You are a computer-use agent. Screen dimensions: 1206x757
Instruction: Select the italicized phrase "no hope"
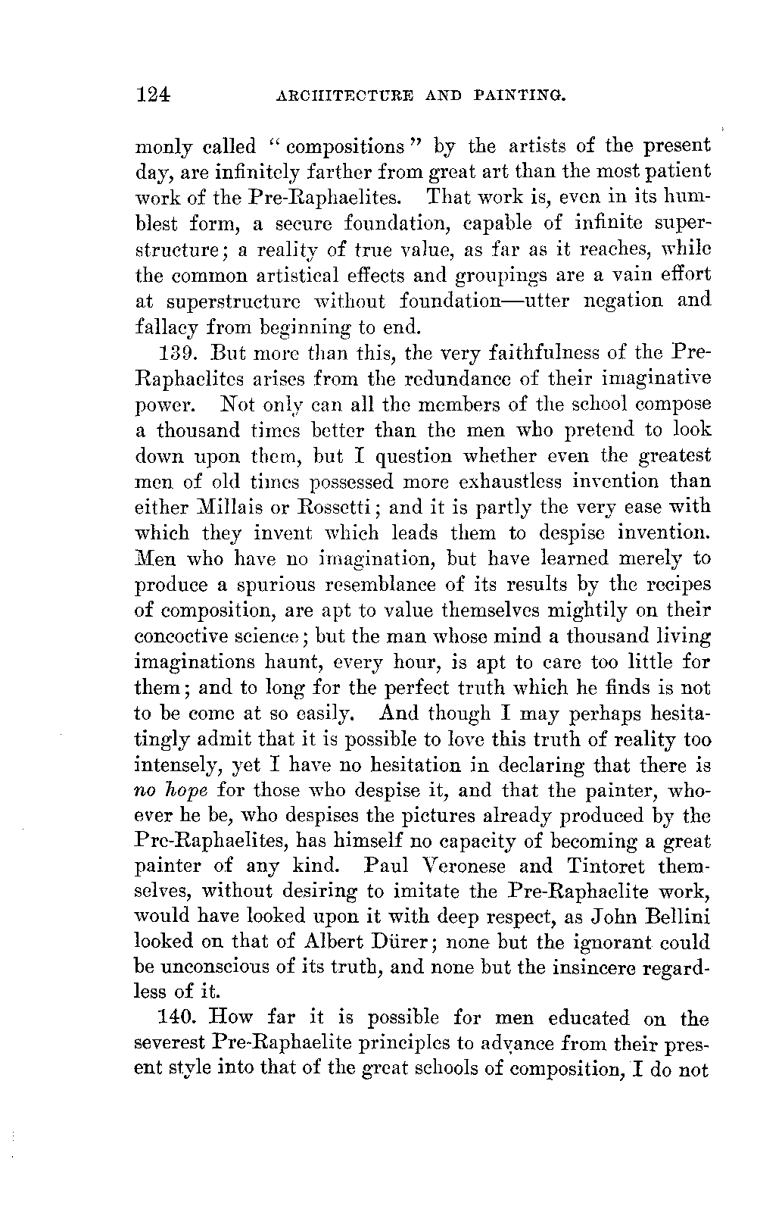(170, 792)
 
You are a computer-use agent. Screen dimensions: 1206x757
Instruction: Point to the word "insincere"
(600, 969)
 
